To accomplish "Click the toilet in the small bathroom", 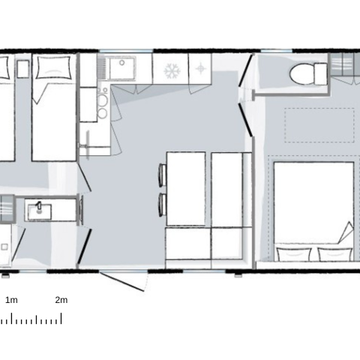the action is pos(308,73).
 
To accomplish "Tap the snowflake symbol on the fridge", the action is pos(172,70).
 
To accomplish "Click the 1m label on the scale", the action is pos(11,300).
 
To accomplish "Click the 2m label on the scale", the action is pos(61,300).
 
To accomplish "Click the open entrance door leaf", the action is pos(122,282).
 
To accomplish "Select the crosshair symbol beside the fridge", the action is pos(200,68).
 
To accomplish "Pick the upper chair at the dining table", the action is pos(162,175).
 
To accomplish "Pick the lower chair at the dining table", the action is pos(162,205).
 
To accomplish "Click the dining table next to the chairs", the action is pos(186,189).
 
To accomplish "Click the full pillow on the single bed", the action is pos(53,67).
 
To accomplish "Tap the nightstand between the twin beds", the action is pos(23,69).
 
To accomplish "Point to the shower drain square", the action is pos(4,247).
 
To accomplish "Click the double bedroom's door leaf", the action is pos(245,121).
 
